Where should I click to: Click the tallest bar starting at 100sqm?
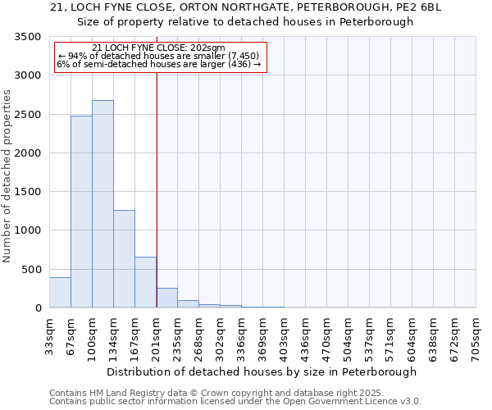(x=102, y=204)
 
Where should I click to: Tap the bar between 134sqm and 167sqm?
(x=124, y=259)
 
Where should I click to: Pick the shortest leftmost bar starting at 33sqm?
(x=60, y=293)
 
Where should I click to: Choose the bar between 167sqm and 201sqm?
(x=145, y=282)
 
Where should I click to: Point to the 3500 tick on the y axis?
(x=30, y=37)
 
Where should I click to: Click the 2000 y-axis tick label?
(x=30, y=153)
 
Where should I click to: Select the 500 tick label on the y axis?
(x=33, y=270)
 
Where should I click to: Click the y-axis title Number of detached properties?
(x=7, y=176)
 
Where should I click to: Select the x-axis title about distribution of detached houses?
(x=262, y=371)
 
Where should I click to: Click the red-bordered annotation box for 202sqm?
(x=161, y=56)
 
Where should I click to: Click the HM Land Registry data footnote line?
(x=235, y=393)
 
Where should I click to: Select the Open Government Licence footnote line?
(x=235, y=402)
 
